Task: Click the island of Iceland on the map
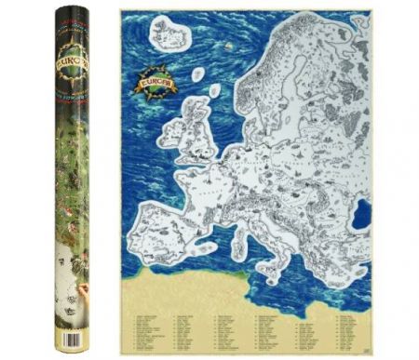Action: [169, 35]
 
